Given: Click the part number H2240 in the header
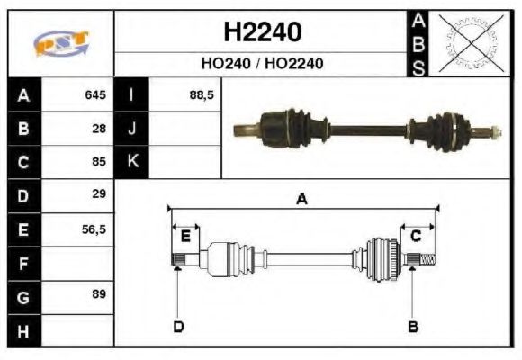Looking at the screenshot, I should tap(262, 32).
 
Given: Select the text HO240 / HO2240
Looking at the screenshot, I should tap(262, 64).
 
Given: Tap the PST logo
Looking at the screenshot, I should tap(60, 43).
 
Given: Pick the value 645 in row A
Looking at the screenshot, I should tap(94, 95).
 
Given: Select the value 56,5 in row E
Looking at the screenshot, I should tap(94, 229).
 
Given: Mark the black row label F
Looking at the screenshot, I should tap(23, 263).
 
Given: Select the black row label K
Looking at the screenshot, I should tap(132, 162).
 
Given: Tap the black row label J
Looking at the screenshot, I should tap(132, 129).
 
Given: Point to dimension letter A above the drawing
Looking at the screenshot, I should tap(301, 200).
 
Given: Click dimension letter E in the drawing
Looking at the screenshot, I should tap(184, 236).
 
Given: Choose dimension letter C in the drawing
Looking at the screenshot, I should tap(416, 236).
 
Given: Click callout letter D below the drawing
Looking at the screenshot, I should tap(178, 326).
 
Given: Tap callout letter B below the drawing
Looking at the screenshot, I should tap(412, 326).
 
